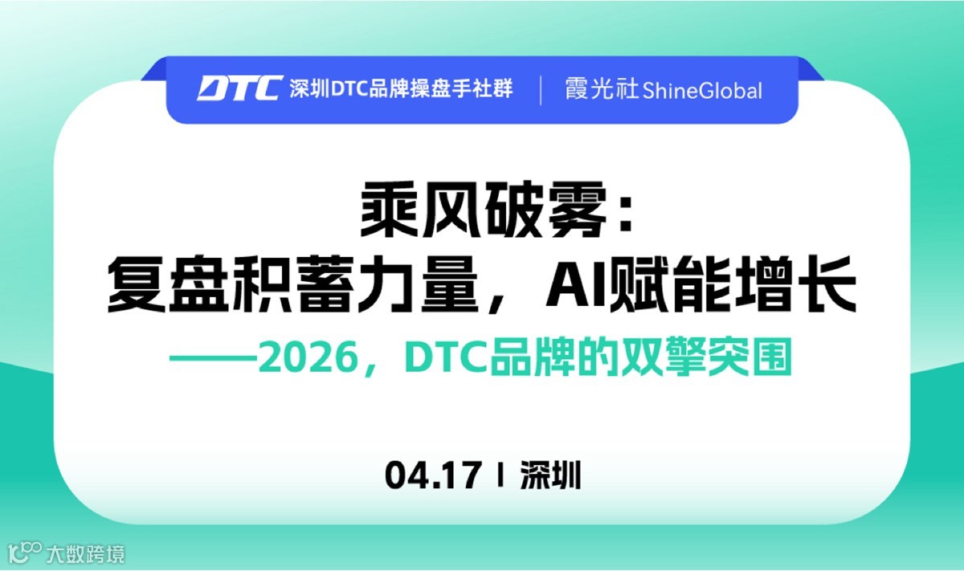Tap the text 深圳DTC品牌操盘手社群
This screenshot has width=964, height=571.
coord(402,88)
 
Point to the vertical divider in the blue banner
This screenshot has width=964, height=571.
coord(540,88)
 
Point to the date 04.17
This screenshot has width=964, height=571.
coord(433,475)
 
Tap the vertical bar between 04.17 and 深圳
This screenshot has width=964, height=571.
coord(501,475)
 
